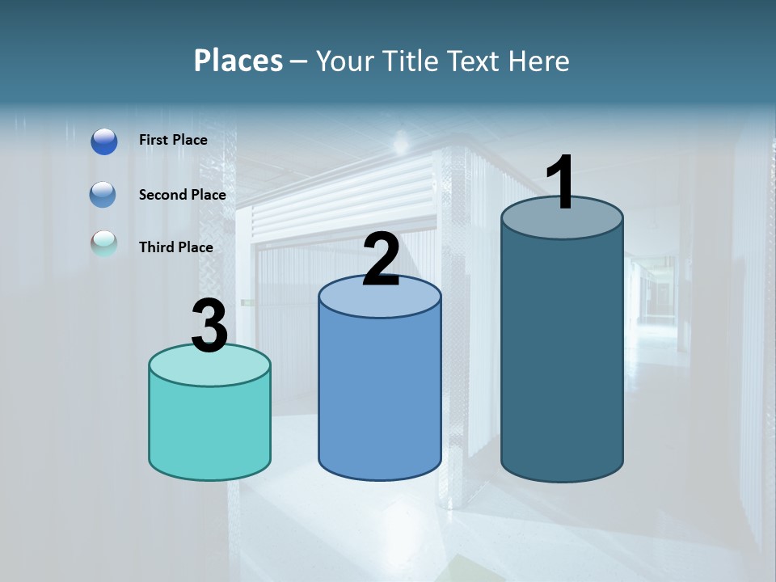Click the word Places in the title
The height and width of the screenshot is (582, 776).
coord(238,61)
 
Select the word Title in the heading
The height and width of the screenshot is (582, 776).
coord(409,61)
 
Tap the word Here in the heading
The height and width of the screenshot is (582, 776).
coord(539,61)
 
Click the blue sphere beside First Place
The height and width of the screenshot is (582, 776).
coord(104,141)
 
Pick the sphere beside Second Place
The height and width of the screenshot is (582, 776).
coord(104,195)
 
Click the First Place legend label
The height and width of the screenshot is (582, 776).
coord(173,140)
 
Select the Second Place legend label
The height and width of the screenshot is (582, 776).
coord(182,195)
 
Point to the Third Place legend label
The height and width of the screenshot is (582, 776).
coord(175,247)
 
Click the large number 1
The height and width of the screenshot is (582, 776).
coord(561,183)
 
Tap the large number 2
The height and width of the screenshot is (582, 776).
coord(381,260)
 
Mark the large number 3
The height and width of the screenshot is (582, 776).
coord(209,327)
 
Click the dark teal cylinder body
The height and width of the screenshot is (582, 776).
coord(562,356)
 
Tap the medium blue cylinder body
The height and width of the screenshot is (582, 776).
coord(380,396)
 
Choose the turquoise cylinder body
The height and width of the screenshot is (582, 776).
coord(209,428)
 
